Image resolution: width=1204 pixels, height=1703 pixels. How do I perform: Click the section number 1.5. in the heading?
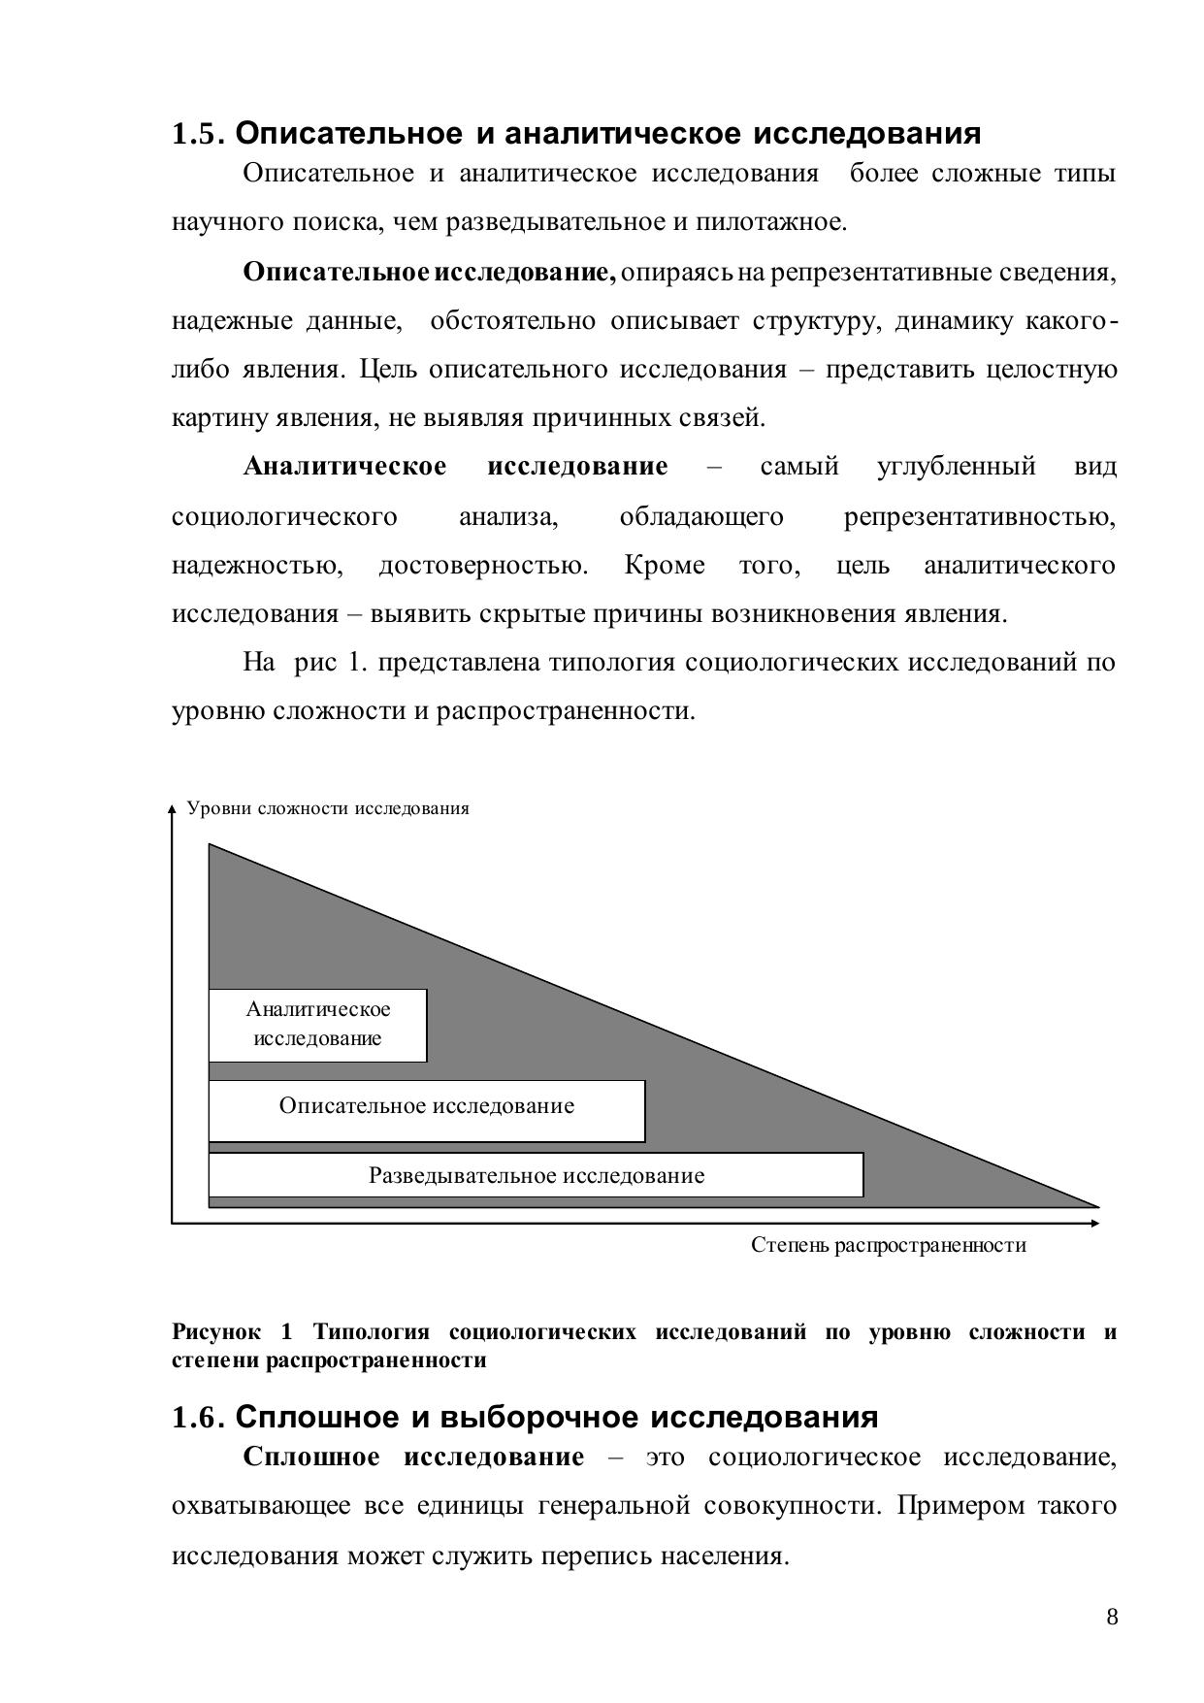tap(198, 134)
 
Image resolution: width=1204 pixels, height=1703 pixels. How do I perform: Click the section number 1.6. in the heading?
tap(198, 1418)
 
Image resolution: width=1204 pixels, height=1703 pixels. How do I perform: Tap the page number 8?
tap(1112, 1617)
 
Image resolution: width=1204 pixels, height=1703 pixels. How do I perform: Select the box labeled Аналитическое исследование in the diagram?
tap(317, 1025)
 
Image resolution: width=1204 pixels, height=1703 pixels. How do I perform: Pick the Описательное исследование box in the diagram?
tap(427, 1110)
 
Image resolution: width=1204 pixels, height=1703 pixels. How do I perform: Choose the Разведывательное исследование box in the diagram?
tap(536, 1175)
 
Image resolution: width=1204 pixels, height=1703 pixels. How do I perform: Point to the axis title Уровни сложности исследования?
tap(328, 808)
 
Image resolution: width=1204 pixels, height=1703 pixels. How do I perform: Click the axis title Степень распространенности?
tap(888, 1245)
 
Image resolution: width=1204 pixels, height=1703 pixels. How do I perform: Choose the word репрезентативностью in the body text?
tap(979, 516)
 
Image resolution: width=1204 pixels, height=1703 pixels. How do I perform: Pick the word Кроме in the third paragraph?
tap(665, 565)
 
